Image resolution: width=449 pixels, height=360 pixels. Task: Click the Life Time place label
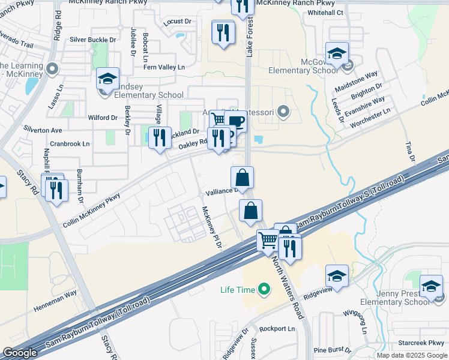coord(237,290)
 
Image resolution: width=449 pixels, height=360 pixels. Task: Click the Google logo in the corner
coord(20,353)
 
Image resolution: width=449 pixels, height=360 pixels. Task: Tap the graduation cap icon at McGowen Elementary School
coord(337,53)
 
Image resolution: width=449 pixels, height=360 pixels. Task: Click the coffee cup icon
coord(236,122)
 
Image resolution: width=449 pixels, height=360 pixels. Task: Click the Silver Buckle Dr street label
coord(93,40)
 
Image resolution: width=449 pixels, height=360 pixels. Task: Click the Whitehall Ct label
coord(324,13)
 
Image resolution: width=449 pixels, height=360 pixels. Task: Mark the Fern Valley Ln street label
coord(164,67)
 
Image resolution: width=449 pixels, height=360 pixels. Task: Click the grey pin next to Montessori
coord(285,111)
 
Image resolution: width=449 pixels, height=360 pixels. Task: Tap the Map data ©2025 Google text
coord(412,355)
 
